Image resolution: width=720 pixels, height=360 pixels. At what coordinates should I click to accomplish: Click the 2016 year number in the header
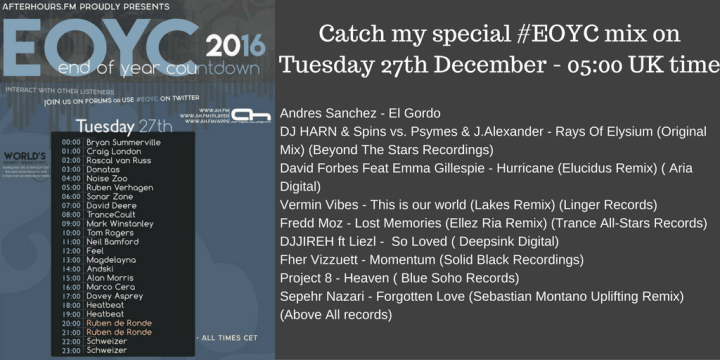click(x=236, y=45)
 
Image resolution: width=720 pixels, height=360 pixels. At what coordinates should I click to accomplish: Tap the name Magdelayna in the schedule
click(x=113, y=259)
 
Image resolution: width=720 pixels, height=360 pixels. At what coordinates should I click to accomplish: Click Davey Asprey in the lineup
click(x=112, y=295)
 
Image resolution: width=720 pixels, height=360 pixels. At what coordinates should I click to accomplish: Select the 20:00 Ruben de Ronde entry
click(x=119, y=322)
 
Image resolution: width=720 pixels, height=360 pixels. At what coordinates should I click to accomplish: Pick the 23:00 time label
click(x=70, y=349)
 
